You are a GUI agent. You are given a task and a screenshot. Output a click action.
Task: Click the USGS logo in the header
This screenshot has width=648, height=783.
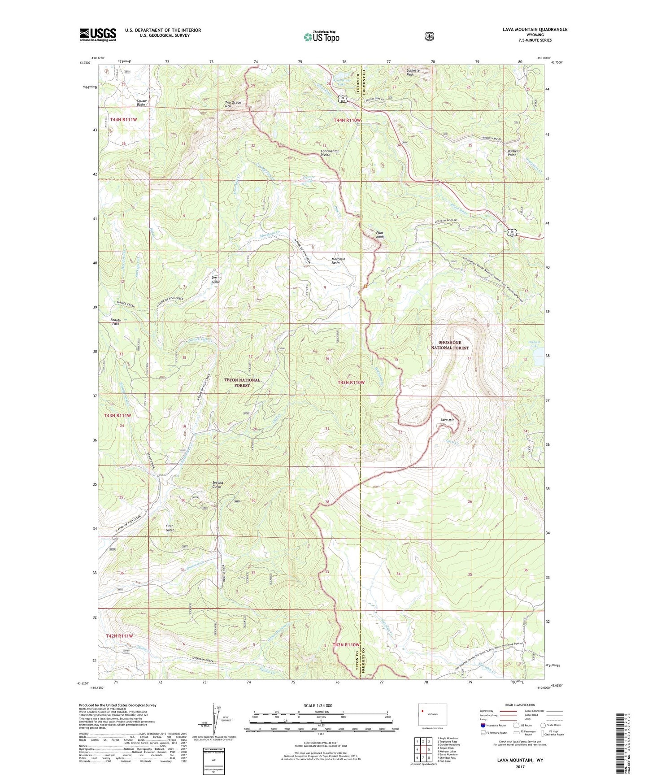[x=98, y=35]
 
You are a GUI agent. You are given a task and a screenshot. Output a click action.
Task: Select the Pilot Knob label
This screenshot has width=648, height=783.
[x=380, y=235]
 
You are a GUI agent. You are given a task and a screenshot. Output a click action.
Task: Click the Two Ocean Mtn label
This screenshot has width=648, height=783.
[x=233, y=104]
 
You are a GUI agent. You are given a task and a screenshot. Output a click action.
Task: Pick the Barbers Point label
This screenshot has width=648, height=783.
[x=513, y=153]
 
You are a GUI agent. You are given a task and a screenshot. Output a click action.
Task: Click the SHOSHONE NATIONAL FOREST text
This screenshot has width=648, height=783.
[x=450, y=345]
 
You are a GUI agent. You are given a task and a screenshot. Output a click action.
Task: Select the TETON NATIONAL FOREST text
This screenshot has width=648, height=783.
[x=242, y=383]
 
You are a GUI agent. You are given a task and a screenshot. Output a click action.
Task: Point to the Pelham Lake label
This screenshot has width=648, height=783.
[x=534, y=344]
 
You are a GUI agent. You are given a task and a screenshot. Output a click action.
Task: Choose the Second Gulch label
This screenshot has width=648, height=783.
[x=217, y=485]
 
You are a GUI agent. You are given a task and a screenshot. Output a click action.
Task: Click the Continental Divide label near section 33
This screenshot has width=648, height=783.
[x=332, y=153]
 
